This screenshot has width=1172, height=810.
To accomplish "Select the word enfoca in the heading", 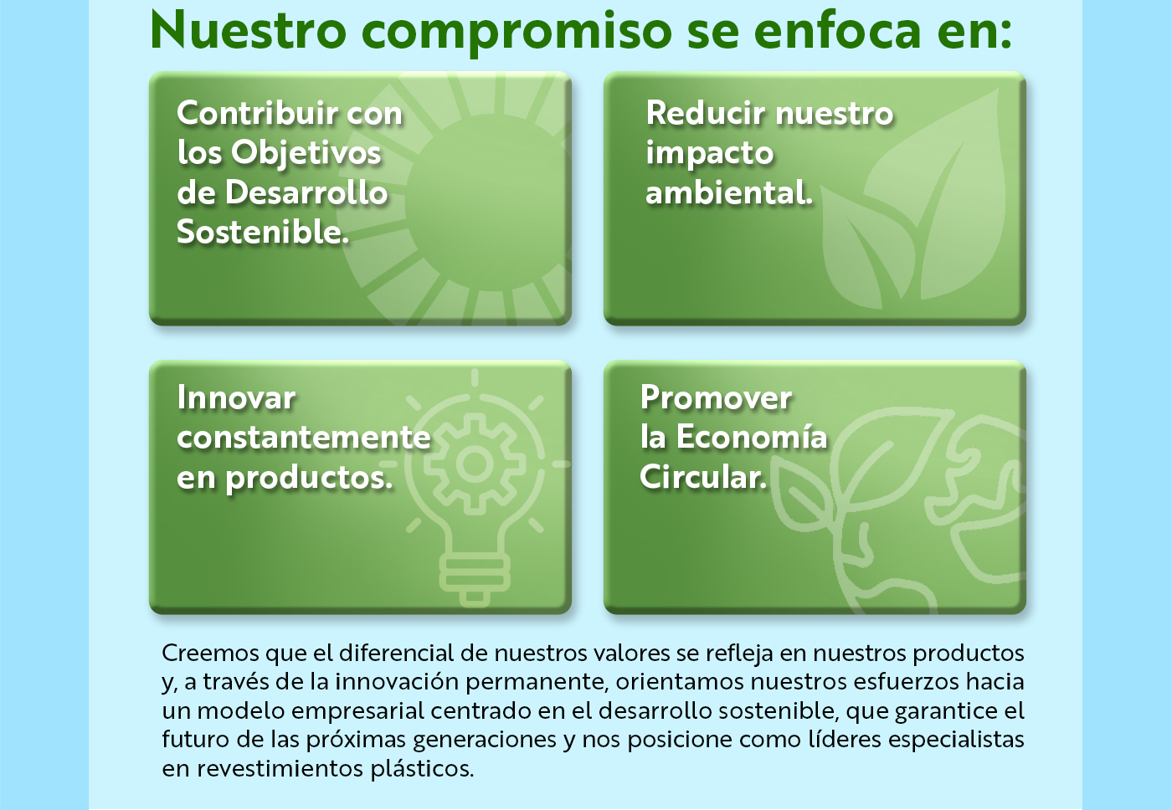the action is (837, 29).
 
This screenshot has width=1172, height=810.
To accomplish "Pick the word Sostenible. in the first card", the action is (263, 232).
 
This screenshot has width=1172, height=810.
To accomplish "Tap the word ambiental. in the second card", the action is (729, 192).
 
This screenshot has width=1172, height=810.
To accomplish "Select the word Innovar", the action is (236, 397).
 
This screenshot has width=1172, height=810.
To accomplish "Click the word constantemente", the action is (303, 437).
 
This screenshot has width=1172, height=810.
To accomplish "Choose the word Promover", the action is (716, 397).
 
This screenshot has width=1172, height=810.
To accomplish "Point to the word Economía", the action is (752, 437).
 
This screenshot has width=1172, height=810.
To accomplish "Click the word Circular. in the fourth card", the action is (703, 476).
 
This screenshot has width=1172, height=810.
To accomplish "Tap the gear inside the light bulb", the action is (475, 464).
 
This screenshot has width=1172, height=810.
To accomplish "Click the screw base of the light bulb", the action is (475, 579).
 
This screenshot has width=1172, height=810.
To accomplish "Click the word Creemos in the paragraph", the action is (210, 654).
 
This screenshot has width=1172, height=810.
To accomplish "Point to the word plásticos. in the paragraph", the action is (422, 769).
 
